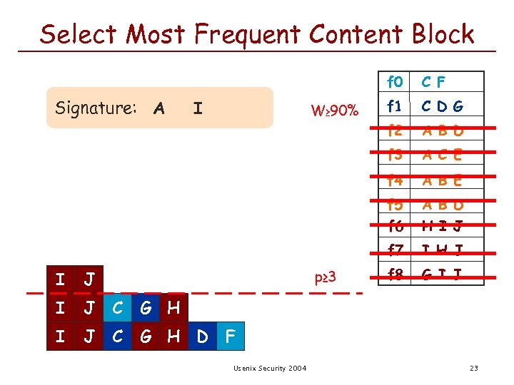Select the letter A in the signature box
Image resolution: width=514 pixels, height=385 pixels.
159,108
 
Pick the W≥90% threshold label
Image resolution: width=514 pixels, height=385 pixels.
335,111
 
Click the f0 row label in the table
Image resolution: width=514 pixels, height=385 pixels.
395,81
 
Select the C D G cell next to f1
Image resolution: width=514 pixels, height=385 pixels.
441,106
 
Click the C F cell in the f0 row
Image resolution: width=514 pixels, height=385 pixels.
433,82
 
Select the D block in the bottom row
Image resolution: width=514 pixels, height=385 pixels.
202,337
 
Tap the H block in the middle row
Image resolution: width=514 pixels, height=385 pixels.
173,308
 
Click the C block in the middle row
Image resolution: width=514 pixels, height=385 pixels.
117,308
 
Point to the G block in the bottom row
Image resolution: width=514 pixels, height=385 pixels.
146,337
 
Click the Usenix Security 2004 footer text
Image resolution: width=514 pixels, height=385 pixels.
270,368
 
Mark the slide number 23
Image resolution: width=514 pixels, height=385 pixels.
473,368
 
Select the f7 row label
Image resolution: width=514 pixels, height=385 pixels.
395,250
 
